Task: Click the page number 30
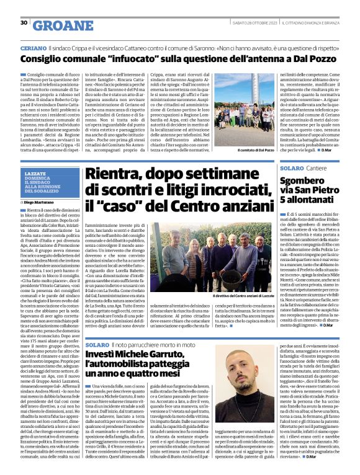(x=24, y=23)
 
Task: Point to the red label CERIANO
(x=33, y=48)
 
